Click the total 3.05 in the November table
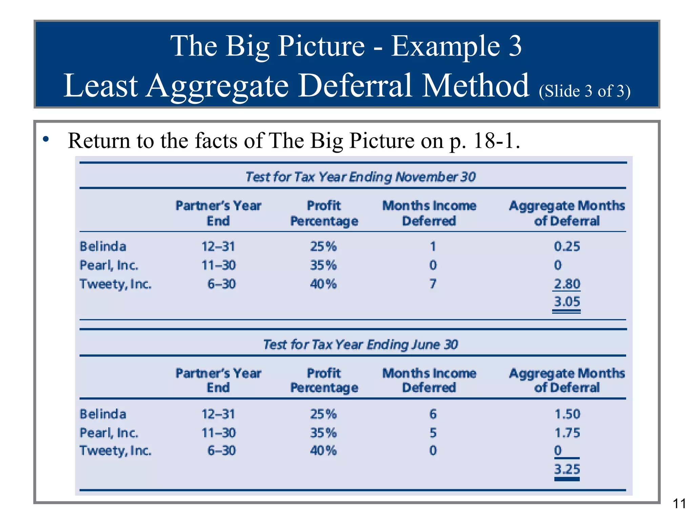[x=567, y=301]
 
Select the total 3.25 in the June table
[x=567, y=469]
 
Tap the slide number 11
[x=679, y=504]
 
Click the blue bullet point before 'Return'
[x=46, y=139]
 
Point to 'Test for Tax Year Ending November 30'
[x=361, y=177]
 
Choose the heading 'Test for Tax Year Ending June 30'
[x=361, y=345]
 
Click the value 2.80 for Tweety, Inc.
[x=567, y=284]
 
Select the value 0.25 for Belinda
[x=567, y=246]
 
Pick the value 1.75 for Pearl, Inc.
[x=567, y=433]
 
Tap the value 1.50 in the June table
[x=567, y=414]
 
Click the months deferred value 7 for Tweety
[x=433, y=284]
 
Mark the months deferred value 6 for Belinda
[x=433, y=414]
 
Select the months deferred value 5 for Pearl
[x=433, y=433]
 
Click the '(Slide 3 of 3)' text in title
[x=585, y=91]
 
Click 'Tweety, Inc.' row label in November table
[x=116, y=284]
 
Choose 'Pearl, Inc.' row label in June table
[x=109, y=433]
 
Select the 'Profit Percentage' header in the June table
[x=324, y=380]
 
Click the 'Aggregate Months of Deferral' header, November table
[x=567, y=213]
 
